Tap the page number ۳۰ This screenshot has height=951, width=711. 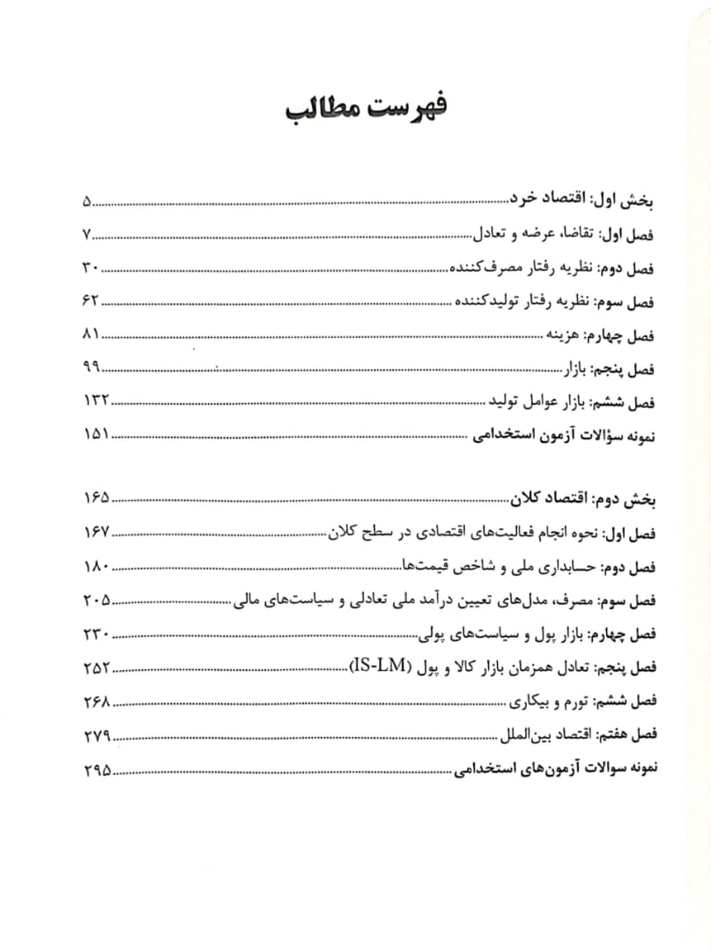pos(91,269)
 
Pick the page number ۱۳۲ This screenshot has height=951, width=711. pos(95,401)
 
